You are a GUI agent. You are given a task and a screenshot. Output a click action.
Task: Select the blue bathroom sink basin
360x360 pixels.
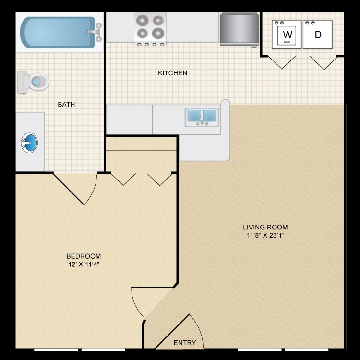tap(29, 143)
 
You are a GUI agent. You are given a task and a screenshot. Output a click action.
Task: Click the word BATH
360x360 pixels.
tap(66, 104)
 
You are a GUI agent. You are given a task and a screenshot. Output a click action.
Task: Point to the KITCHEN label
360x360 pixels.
tap(172, 73)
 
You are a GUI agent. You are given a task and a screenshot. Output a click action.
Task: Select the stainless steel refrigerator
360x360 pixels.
tap(239, 29)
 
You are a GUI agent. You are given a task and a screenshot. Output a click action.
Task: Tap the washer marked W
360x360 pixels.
tap(287, 34)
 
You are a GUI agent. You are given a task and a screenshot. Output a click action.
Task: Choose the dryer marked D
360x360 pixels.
tap(318, 34)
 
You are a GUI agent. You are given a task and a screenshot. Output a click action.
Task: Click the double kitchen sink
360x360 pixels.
tap(202, 117)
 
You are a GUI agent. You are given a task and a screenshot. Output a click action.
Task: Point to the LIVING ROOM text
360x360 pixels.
tap(265, 227)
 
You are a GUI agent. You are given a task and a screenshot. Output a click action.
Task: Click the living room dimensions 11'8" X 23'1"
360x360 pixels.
tap(265, 235)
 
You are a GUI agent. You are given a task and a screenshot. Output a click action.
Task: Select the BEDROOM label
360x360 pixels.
tap(84, 256)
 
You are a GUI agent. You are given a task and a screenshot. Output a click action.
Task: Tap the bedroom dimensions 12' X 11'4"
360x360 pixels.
tap(84, 264)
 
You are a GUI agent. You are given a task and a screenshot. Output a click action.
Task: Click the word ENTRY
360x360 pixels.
tap(185, 342)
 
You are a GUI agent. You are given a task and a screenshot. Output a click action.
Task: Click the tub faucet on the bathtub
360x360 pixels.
tap(95, 32)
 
